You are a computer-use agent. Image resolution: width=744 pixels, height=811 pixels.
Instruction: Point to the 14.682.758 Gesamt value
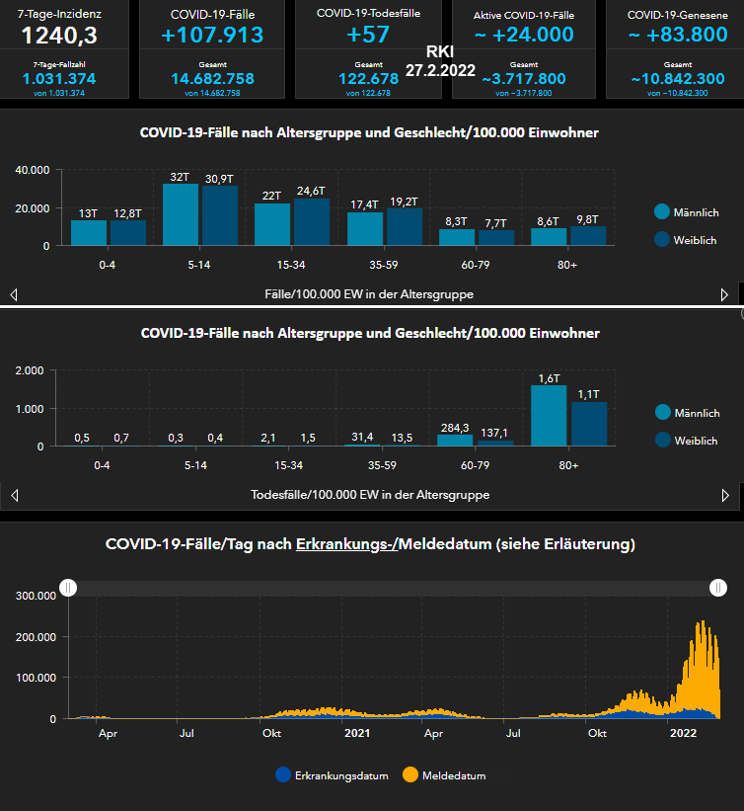pos(213,79)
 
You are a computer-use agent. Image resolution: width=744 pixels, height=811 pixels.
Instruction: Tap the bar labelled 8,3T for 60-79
pos(457,236)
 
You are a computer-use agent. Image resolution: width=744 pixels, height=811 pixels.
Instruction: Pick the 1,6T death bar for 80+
pos(549,415)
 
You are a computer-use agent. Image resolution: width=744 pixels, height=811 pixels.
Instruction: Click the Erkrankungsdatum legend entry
pos(325,775)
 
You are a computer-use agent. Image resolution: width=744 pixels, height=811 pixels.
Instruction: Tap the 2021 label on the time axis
pos(356,733)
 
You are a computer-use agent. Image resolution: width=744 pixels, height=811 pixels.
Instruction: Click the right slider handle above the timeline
pos(719,588)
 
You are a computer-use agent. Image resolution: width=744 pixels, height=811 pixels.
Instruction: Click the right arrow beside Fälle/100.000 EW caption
pos(725,294)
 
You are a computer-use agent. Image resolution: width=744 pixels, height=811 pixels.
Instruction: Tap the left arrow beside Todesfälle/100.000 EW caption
pos(14,495)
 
